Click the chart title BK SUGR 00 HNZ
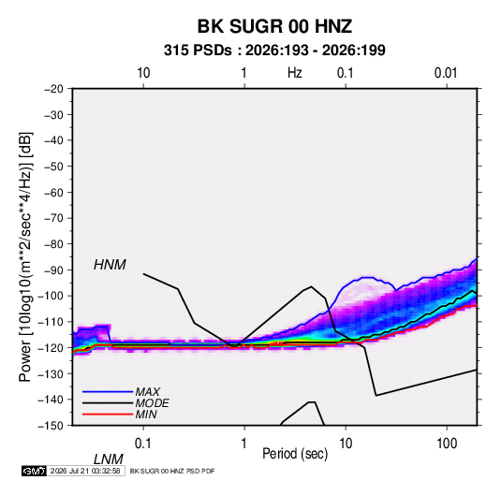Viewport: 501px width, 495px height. pyautogui.click(x=274, y=26)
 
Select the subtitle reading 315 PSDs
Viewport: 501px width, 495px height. pyautogui.click(x=198, y=51)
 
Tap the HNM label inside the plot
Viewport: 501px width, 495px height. pyautogui.click(x=110, y=265)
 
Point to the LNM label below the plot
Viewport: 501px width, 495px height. pyautogui.click(x=108, y=459)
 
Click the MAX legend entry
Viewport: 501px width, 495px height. pyautogui.click(x=147, y=391)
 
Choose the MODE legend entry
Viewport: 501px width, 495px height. pyautogui.click(x=152, y=403)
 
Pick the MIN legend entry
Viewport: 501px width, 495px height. pyautogui.click(x=146, y=415)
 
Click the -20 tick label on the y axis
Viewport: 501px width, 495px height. pyautogui.click(x=53, y=89)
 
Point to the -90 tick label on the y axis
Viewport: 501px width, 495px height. pyautogui.click(x=53, y=270)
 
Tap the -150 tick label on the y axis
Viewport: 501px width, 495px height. pyautogui.click(x=52, y=426)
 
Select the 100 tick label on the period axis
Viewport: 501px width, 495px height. pyautogui.click(x=447, y=444)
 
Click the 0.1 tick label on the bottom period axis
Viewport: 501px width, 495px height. pyautogui.click(x=143, y=444)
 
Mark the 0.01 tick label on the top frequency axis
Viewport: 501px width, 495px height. pyautogui.click(x=446, y=73)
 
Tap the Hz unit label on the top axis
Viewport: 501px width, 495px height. pyautogui.click(x=295, y=73)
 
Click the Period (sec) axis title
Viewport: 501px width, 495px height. pyautogui.click(x=295, y=454)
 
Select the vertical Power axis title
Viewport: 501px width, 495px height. pyautogui.click(x=25, y=257)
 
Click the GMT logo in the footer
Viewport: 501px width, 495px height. pyautogui.click(x=35, y=471)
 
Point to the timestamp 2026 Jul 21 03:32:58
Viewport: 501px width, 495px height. pyautogui.click(x=85, y=471)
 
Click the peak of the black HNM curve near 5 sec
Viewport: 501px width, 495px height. pyautogui.click(x=312, y=286)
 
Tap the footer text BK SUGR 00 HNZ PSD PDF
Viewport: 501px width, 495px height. pyautogui.click(x=172, y=471)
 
